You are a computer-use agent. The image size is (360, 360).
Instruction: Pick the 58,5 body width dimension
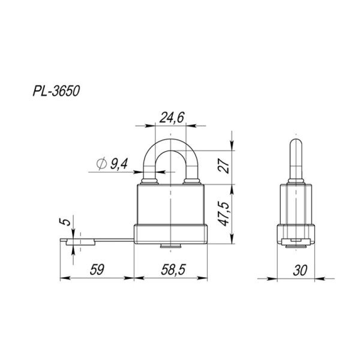pyautogui.click(x=172, y=270)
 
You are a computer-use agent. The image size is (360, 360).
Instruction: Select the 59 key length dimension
pyautogui.click(x=95, y=270)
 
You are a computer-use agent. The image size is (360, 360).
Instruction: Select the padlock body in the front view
pyautogui.click(x=171, y=204)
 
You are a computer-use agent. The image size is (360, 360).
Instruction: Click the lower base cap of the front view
pyautogui.click(x=171, y=235)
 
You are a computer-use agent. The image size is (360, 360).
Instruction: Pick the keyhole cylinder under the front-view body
pyautogui.click(x=171, y=246)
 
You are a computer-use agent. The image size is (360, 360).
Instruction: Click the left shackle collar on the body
pyautogui.click(x=148, y=181)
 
